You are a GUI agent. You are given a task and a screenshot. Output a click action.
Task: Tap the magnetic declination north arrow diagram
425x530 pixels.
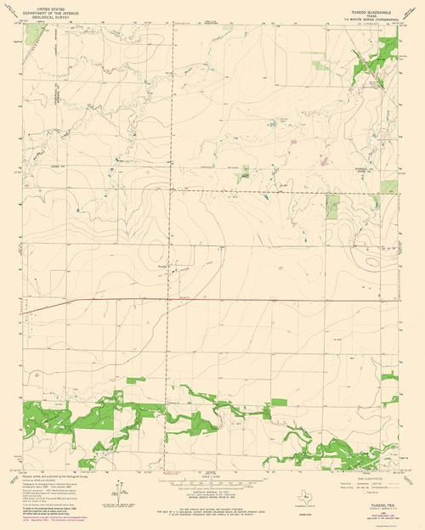(115, 493)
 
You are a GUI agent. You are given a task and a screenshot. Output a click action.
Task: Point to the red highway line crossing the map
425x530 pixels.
(212, 299)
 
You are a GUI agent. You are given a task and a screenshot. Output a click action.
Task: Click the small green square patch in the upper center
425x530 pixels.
(244, 172)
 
